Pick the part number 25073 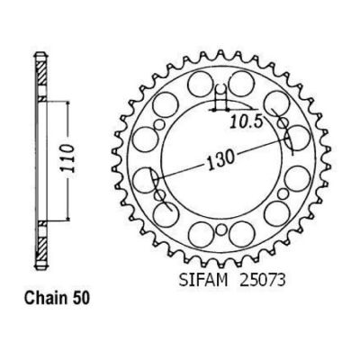click(261, 281)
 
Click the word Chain click(44, 298)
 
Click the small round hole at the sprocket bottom click(221, 230)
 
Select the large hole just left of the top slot click(201, 84)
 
